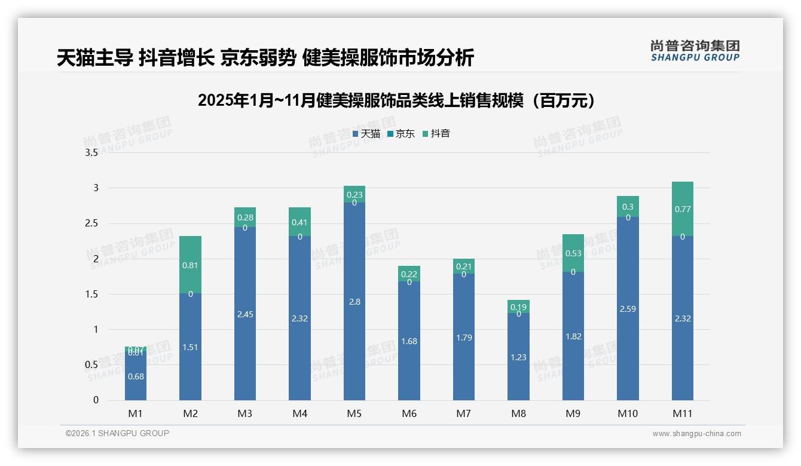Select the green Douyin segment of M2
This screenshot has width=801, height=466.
tap(190, 264)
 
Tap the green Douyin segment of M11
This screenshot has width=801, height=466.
tap(682, 209)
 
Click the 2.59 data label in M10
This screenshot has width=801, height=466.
tap(628, 309)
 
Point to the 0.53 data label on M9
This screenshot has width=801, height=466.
tap(573, 253)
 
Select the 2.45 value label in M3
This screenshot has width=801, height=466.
tap(245, 314)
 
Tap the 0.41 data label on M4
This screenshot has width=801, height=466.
tap(299, 222)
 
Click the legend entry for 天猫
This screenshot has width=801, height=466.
tap(366, 134)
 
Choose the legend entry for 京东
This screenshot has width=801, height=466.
tap(401, 134)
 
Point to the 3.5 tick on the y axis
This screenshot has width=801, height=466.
tap(91, 153)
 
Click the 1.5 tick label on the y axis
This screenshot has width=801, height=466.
tap(91, 294)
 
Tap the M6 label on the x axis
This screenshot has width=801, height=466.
tap(409, 413)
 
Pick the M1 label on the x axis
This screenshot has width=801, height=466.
tap(136, 413)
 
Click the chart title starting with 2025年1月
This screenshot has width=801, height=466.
tap(398, 100)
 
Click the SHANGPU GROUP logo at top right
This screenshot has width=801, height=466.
tap(695, 51)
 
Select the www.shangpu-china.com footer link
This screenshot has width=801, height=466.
tap(696, 434)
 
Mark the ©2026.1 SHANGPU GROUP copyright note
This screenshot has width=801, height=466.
tap(117, 433)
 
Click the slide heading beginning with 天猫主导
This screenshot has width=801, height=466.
tap(265, 57)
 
